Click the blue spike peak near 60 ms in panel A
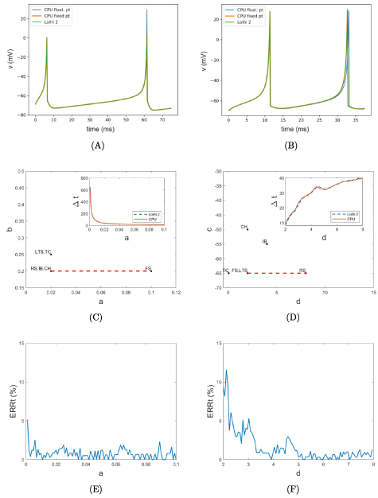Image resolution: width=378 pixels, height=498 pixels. click(x=146, y=10)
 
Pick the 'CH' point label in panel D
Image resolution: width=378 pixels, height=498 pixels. click(x=244, y=227)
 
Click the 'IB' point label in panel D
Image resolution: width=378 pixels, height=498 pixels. click(x=264, y=241)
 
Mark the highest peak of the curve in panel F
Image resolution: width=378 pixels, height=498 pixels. click(x=226, y=370)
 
